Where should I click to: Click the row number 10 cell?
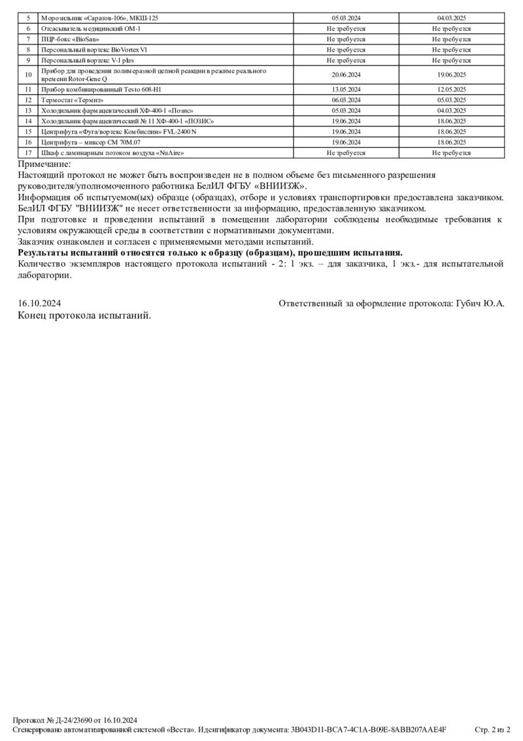(28, 75)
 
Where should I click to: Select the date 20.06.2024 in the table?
(346, 75)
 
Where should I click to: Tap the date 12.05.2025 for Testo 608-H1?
(451, 89)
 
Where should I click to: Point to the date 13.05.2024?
(346, 89)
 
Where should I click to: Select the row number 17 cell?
(28, 153)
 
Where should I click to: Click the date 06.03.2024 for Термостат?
(346, 100)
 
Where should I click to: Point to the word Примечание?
(44, 164)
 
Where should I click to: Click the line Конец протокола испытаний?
(84, 316)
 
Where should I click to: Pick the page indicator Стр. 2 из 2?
(492, 729)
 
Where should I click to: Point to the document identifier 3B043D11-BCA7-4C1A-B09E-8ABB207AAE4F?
(368, 729)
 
